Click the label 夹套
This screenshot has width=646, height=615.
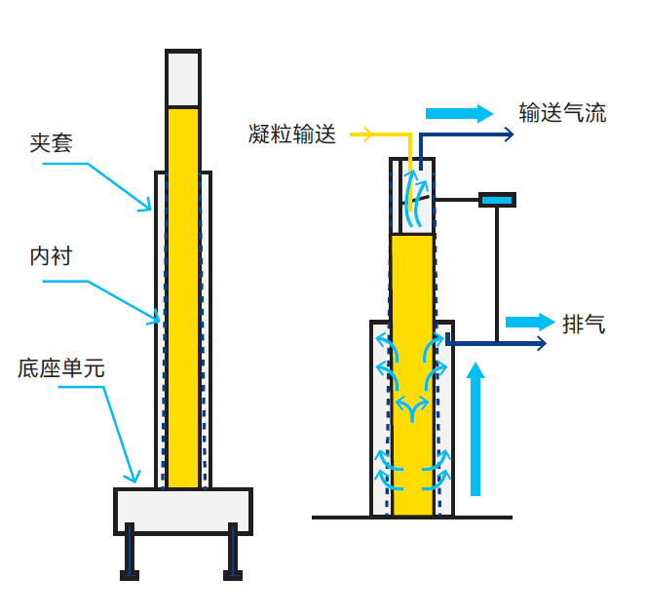51,143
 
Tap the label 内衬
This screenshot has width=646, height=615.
51,256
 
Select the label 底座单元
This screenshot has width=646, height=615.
61,367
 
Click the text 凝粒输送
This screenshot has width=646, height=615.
292,134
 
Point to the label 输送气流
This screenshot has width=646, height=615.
562,112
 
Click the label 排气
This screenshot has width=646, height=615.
584,324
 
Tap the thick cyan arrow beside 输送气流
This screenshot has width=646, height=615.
459,113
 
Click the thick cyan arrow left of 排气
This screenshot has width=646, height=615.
530,322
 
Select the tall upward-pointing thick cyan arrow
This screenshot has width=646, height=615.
475,429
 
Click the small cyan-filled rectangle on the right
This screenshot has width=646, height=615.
497,201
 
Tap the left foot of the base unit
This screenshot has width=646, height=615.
130,552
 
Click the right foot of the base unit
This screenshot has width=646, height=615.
233,552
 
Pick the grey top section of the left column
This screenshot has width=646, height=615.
183,78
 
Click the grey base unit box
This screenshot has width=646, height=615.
183,511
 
